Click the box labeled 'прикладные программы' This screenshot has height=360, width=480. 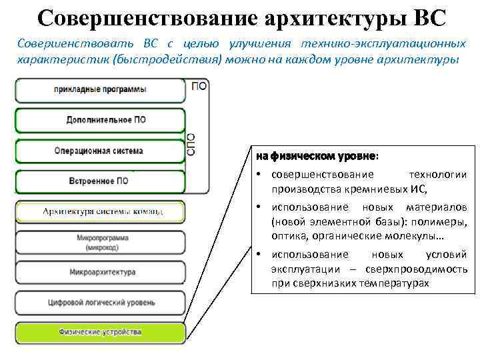(x=100, y=90)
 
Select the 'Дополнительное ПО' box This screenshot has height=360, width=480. (x=100, y=120)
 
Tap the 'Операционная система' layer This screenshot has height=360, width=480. (x=100, y=151)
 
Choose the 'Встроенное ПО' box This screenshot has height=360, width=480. (x=100, y=181)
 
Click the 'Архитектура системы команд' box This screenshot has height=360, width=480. (x=100, y=212)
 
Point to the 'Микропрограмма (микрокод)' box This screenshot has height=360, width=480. (x=100, y=243)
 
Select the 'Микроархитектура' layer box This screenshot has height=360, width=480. (x=100, y=272)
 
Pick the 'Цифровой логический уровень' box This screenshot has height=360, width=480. (x=100, y=302)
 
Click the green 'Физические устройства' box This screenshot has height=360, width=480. (x=100, y=331)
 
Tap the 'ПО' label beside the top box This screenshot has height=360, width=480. (x=199, y=85)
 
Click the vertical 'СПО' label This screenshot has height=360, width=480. (x=191, y=143)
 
